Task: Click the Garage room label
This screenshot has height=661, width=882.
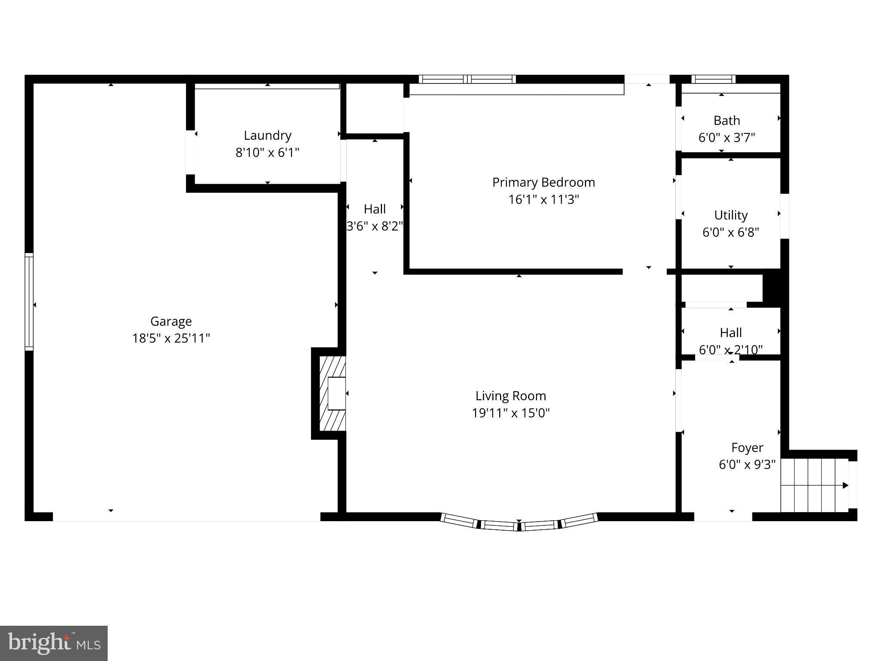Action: (171, 321)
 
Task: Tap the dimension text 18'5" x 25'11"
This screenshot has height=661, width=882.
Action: (171, 338)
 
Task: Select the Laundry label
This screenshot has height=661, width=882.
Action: (267, 135)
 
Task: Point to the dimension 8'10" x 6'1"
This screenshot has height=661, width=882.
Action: (267, 152)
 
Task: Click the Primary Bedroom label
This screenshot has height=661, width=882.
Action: (543, 182)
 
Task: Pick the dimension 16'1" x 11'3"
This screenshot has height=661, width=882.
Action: (543, 199)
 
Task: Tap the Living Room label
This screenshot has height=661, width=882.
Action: (511, 395)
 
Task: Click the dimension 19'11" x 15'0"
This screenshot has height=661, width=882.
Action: (511, 413)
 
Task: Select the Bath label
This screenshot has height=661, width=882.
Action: (727, 120)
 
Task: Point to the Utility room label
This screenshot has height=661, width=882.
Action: (731, 215)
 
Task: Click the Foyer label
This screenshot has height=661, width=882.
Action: (747, 448)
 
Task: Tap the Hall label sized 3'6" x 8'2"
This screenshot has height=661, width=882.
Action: (375, 209)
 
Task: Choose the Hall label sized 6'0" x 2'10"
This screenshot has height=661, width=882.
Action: (731, 332)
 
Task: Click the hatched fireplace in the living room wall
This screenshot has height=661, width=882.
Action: (332, 393)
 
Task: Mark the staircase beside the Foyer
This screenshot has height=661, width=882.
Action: (814, 485)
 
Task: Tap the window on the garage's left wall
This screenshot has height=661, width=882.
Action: (29, 301)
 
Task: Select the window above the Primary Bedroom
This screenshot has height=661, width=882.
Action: (467, 79)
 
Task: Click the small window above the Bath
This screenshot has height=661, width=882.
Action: (714, 79)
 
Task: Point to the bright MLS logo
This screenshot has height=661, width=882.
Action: (54, 643)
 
